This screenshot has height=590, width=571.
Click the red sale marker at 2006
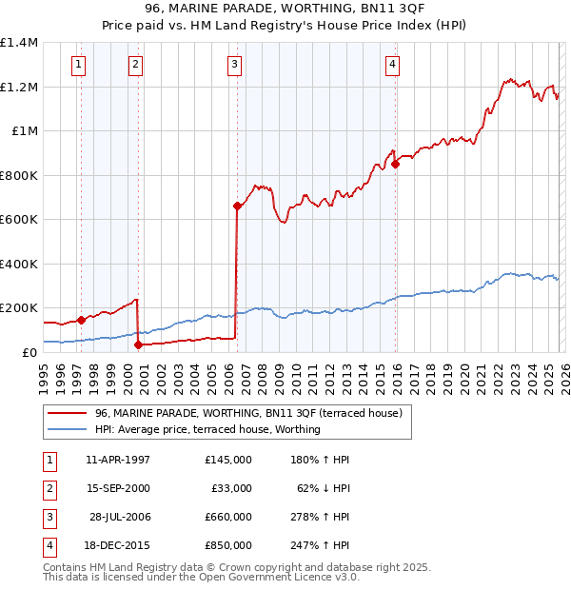[x=237, y=206]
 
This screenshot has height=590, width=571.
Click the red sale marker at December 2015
[x=395, y=164]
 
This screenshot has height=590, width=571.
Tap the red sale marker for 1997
[x=81, y=321]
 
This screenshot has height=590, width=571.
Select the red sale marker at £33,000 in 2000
[x=139, y=345]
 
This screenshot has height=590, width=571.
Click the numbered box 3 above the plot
[x=234, y=65]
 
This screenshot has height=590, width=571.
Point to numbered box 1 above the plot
[x=78, y=65]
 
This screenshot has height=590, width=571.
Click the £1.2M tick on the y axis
[x=20, y=87]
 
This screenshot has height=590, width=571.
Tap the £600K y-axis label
[x=19, y=219]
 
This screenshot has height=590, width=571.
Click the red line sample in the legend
[x=67, y=414]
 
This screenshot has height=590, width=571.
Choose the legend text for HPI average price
[x=207, y=429]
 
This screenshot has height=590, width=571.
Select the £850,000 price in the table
[x=227, y=545]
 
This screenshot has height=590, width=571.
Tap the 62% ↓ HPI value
[x=321, y=488]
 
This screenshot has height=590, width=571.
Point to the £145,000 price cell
[x=227, y=459]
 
